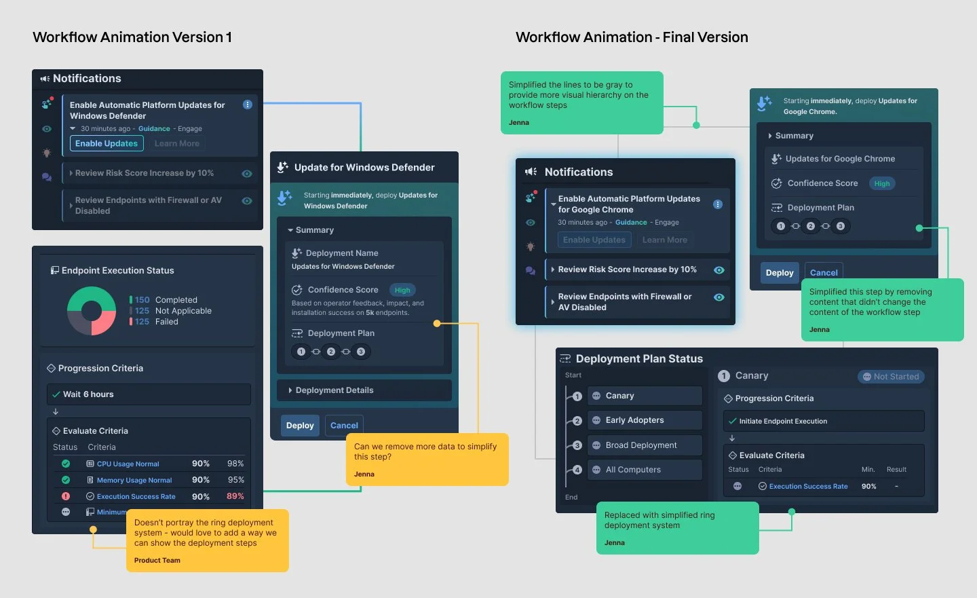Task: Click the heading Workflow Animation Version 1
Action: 132,37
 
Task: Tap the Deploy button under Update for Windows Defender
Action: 300,426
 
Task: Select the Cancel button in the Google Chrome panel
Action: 824,273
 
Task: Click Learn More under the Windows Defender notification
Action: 177,144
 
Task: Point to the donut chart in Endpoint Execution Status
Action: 92,311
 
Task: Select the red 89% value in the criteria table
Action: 235,496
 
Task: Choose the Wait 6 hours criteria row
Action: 149,394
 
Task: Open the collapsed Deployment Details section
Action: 364,390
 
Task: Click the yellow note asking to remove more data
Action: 427,459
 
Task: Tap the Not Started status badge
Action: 891,377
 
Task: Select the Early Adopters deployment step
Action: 644,420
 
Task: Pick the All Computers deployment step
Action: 644,470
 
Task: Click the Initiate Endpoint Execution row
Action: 823,422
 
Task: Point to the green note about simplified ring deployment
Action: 677,527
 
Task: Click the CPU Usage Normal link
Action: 128,464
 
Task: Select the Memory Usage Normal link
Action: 134,481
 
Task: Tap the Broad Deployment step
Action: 644,445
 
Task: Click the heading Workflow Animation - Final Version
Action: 632,37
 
